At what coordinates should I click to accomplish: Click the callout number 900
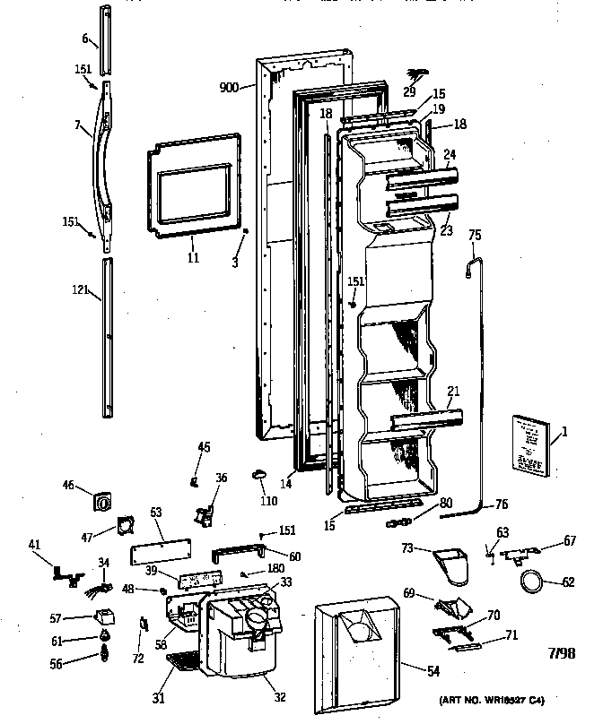point(229,87)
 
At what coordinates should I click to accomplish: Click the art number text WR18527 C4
point(492,699)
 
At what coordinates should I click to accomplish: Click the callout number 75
point(475,236)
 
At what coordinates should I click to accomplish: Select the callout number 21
point(454,390)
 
